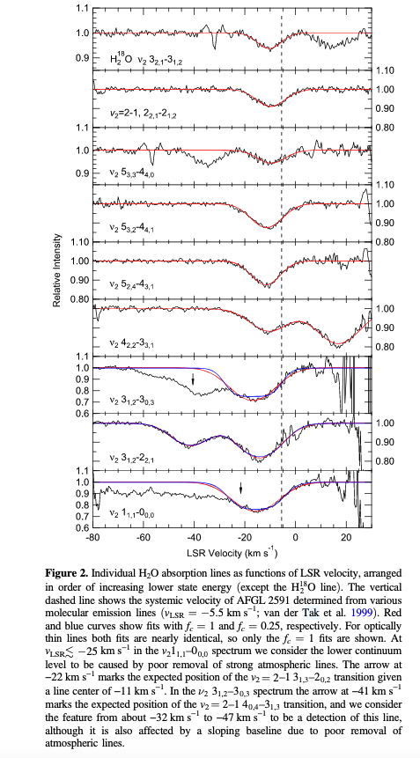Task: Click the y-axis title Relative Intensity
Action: coord(56,270)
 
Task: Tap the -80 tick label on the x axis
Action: coord(93,537)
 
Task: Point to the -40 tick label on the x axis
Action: coord(195,537)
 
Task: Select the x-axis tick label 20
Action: coord(346,537)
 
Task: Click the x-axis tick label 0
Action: coord(295,537)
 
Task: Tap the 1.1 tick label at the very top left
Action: coord(82,9)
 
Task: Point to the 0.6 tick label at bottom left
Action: coord(82,527)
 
